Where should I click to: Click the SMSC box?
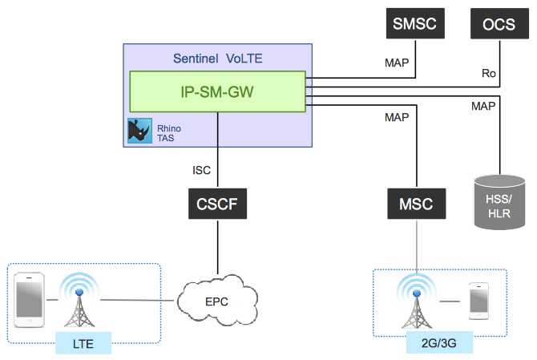tap(414, 23)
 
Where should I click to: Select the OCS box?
tap(494, 23)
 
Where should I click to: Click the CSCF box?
tap(216, 204)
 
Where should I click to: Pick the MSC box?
tap(415, 204)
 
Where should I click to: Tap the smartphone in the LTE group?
tap(30, 301)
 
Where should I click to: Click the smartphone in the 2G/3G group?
tap(478, 301)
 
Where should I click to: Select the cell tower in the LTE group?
tap(80, 301)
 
